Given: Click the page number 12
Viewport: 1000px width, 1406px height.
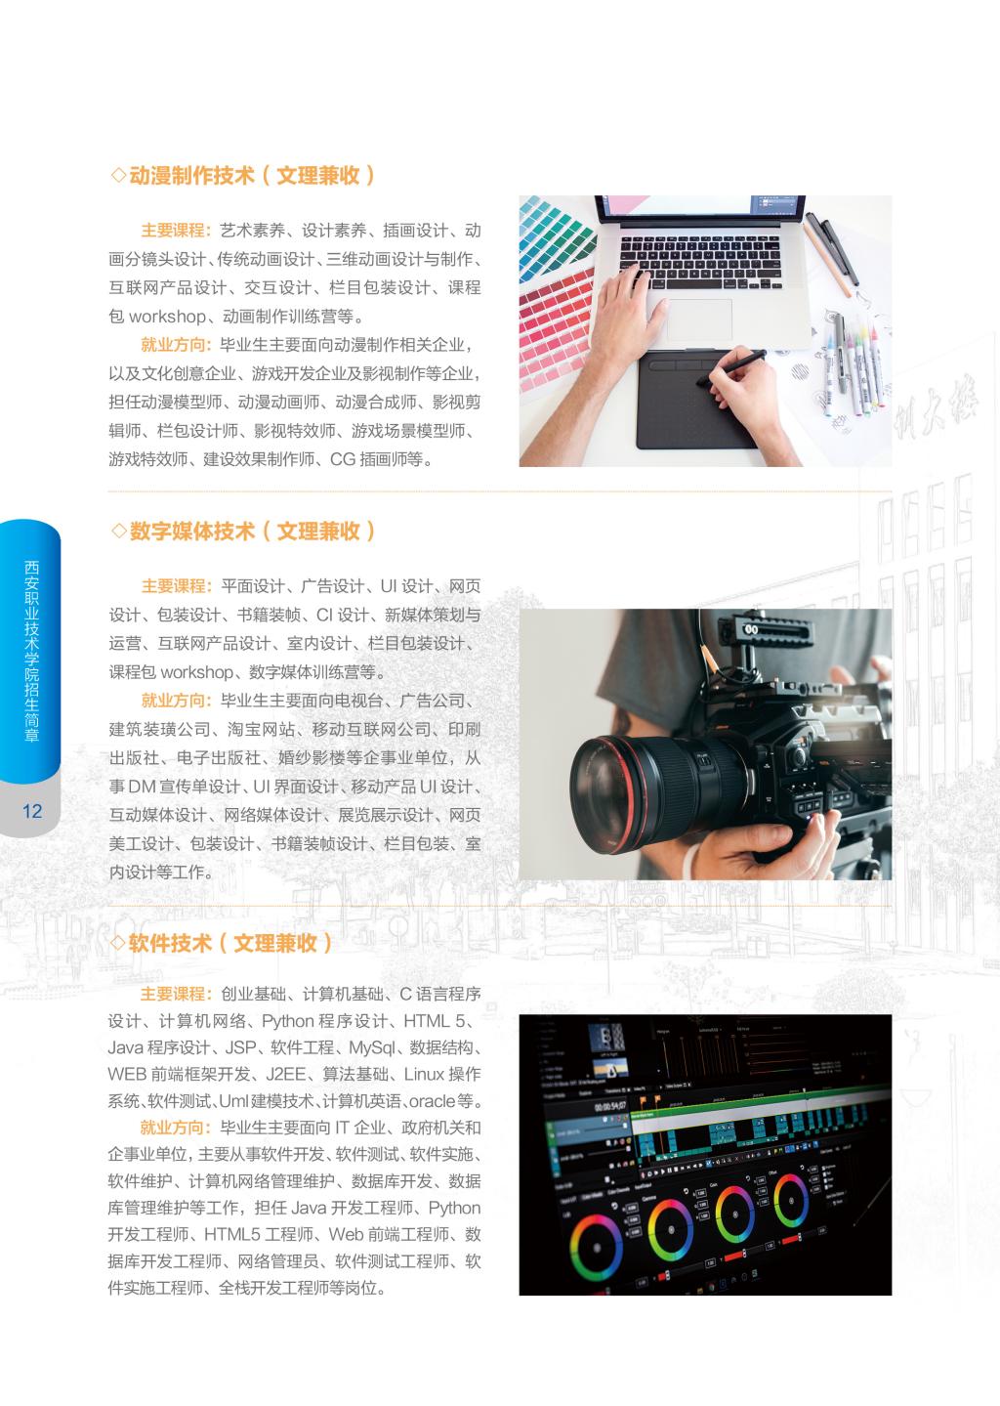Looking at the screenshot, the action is click(x=32, y=811).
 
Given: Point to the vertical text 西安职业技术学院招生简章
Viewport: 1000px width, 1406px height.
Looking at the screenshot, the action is click(x=31, y=651).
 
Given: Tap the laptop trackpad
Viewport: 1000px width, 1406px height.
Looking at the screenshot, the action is click(x=699, y=320).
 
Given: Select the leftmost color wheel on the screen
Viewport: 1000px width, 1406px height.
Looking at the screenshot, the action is click(x=596, y=1248).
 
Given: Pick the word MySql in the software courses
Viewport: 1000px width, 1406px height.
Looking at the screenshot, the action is click(x=372, y=1047).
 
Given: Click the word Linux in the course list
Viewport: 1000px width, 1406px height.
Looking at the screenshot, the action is click(x=424, y=1074).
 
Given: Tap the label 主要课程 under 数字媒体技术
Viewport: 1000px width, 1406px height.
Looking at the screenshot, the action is click(x=173, y=586).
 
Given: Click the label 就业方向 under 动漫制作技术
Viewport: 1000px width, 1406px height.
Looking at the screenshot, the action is click(x=173, y=345).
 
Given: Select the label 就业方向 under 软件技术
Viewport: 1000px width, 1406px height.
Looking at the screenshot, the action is click(x=172, y=1128).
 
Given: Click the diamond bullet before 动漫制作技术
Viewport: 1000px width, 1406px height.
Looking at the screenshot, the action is click(x=118, y=175).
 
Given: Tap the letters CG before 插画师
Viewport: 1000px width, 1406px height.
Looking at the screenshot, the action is click(x=343, y=459).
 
